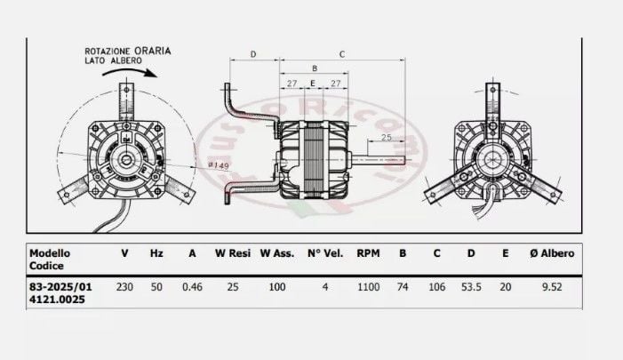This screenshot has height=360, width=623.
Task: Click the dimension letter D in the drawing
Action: tap(252, 54)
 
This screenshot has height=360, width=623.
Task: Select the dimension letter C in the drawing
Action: tap(342, 54)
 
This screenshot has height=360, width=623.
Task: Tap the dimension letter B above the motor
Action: tap(313, 68)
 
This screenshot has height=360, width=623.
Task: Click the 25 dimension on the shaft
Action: tap(387, 138)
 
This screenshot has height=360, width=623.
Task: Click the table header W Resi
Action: tap(233, 253)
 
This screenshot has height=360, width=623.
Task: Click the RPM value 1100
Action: tap(369, 287)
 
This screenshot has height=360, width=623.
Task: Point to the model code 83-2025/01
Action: tap(60, 287)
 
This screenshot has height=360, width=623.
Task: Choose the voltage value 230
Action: tap(124, 287)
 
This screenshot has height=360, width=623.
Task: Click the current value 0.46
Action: tap(192, 287)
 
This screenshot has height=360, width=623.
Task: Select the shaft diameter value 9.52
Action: tap(557, 287)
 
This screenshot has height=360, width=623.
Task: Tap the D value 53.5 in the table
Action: tap(471, 287)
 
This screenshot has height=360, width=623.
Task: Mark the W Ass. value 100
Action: tap(276, 287)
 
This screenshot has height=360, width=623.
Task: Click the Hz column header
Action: tap(156, 253)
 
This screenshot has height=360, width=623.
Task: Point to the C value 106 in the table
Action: tap(436, 287)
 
